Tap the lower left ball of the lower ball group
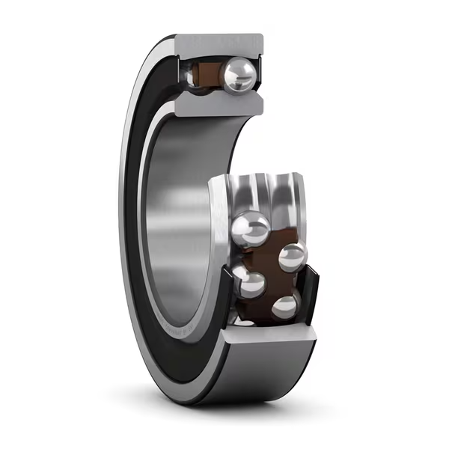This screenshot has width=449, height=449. (251, 284)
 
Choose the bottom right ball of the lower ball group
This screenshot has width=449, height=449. (286, 306)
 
